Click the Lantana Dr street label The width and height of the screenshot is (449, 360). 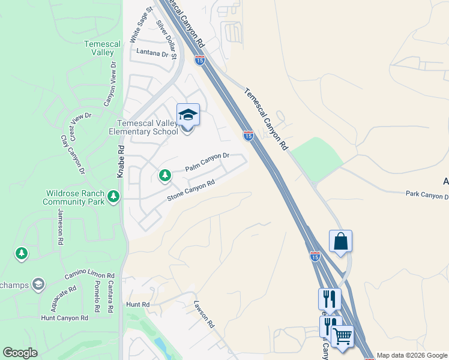152,53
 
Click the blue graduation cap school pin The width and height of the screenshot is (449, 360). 188,115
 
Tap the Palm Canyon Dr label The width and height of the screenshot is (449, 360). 207,161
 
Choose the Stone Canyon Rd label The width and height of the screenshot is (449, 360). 191,191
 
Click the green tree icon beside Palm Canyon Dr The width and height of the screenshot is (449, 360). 164,175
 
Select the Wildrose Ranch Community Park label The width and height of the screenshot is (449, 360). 74,198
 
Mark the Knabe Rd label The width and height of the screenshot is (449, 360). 121,161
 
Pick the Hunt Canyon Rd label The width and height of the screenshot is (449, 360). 69,317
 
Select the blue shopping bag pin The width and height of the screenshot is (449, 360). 340,241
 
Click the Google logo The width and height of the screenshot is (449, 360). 20,353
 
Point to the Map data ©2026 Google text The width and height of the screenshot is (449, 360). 412,355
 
